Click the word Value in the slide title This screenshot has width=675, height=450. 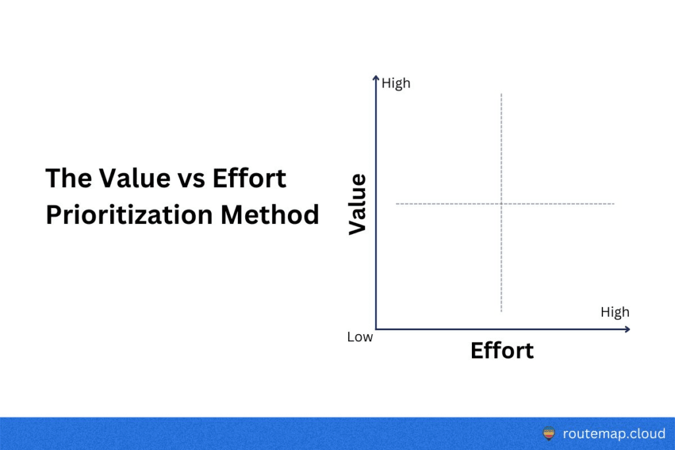click(x=134, y=178)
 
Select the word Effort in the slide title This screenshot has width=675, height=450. click(x=249, y=178)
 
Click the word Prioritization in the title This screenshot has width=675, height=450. click(x=129, y=215)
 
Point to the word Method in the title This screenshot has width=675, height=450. click(x=270, y=215)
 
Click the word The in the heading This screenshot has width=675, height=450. click(x=69, y=178)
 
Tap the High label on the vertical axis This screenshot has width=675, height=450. click(x=396, y=84)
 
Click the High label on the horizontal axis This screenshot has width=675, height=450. click(x=615, y=312)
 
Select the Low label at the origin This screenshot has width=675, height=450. click(x=360, y=337)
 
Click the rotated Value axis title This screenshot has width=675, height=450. click(x=357, y=204)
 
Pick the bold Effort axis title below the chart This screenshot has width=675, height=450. click(x=502, y=351)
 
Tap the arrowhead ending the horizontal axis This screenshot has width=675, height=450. click(x=628, y=329)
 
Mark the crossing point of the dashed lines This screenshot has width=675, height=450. click(x=502, y=204)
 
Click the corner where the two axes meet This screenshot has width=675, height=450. click(x=376, y=329)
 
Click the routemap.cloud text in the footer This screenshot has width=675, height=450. click(x=614, y=434)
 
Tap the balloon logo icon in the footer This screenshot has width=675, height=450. click(x=549, y=434)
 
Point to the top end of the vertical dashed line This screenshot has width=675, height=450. click(x=502, y=94)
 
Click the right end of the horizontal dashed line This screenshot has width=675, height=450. click(x=614, y=204)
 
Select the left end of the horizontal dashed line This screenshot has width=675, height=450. click(x=396, y=204)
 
